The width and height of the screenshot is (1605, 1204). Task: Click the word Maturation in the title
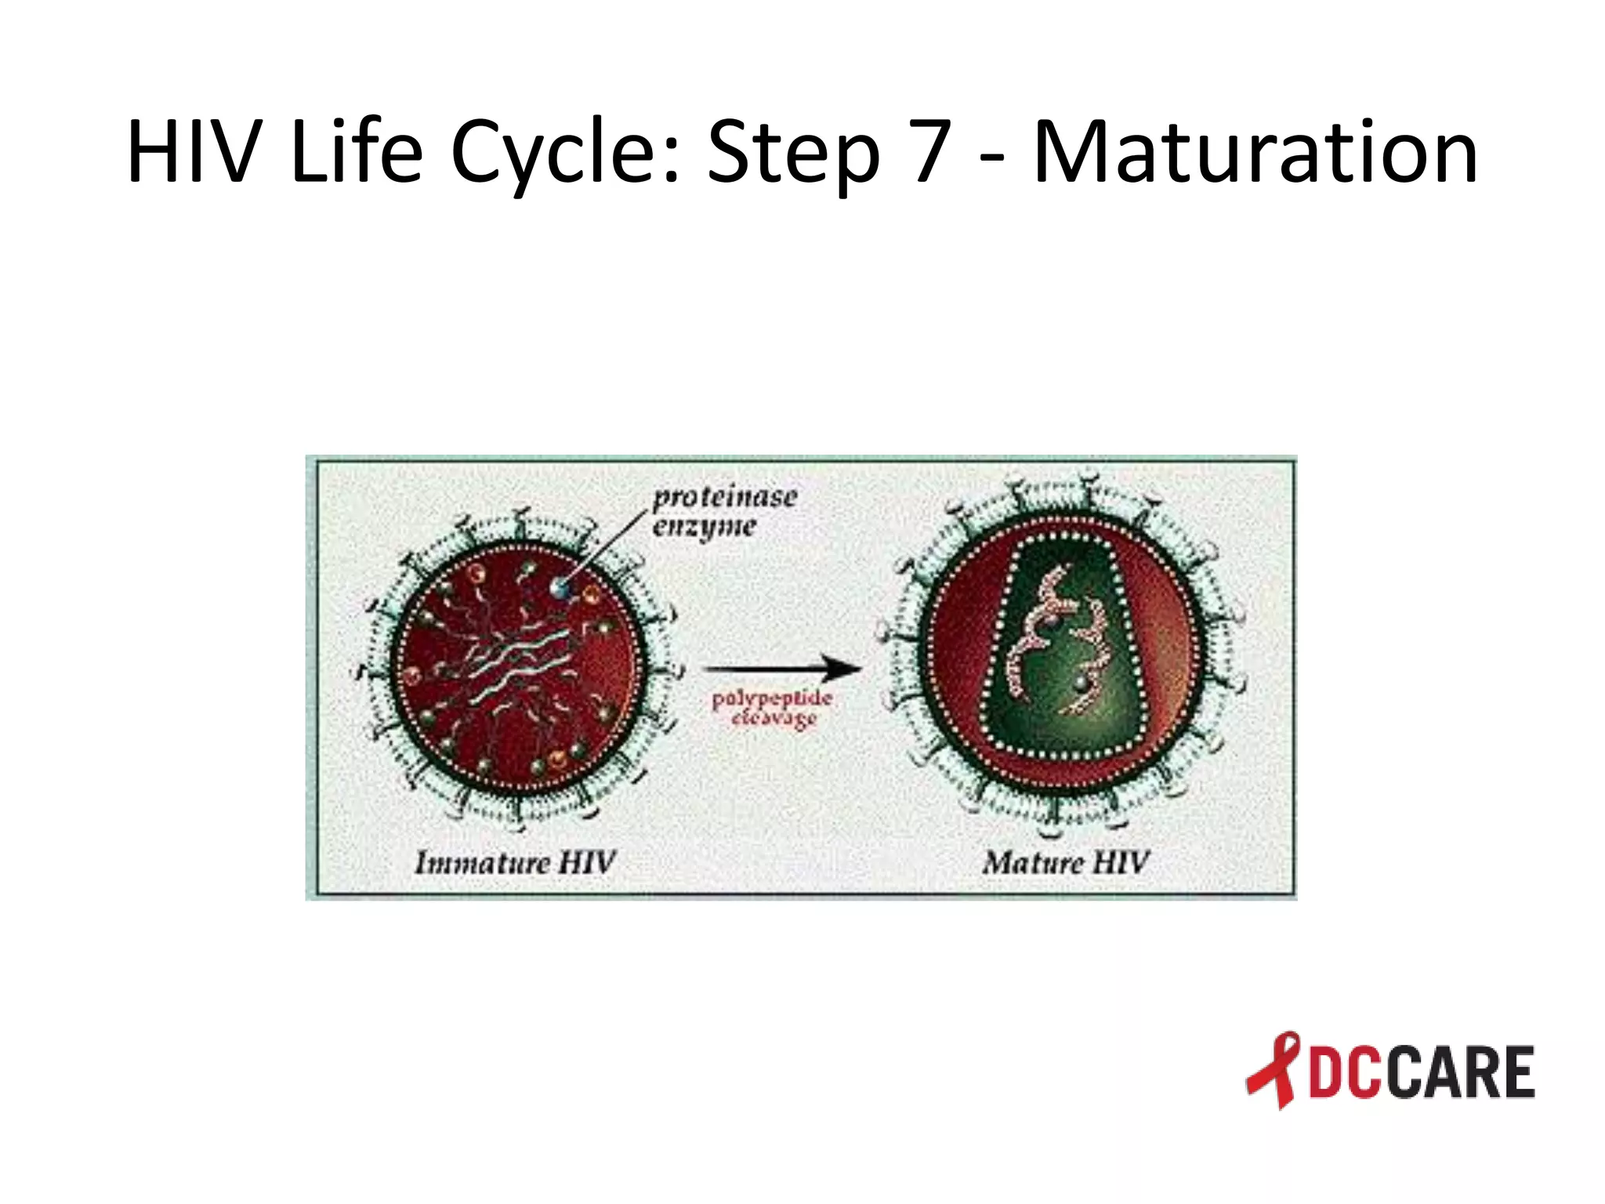(x=1255, y=153)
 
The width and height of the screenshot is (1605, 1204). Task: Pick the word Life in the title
(x=356, y=153)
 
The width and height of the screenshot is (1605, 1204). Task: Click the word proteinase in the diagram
(x=725, y=497)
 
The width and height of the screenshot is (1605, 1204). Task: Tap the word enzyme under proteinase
(x=704, y=527)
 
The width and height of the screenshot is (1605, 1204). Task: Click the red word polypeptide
(x=771, y=698)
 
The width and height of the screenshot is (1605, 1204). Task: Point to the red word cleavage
(x=774, y=718)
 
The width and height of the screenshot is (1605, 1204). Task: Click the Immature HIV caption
(x=515, y=862)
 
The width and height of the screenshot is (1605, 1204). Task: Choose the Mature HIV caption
(x=1065, y=862)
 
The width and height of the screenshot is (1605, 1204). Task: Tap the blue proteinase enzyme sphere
(x=560, y=586)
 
